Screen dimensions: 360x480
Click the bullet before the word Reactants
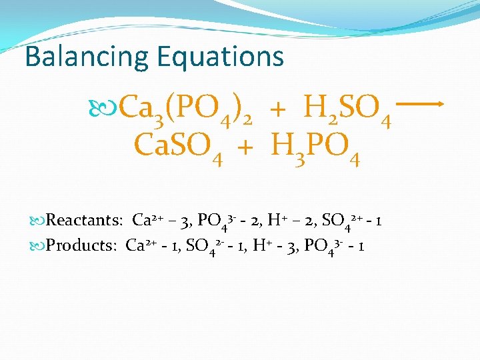click(39, 221)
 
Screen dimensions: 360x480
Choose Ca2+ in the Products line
click(139, 245)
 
